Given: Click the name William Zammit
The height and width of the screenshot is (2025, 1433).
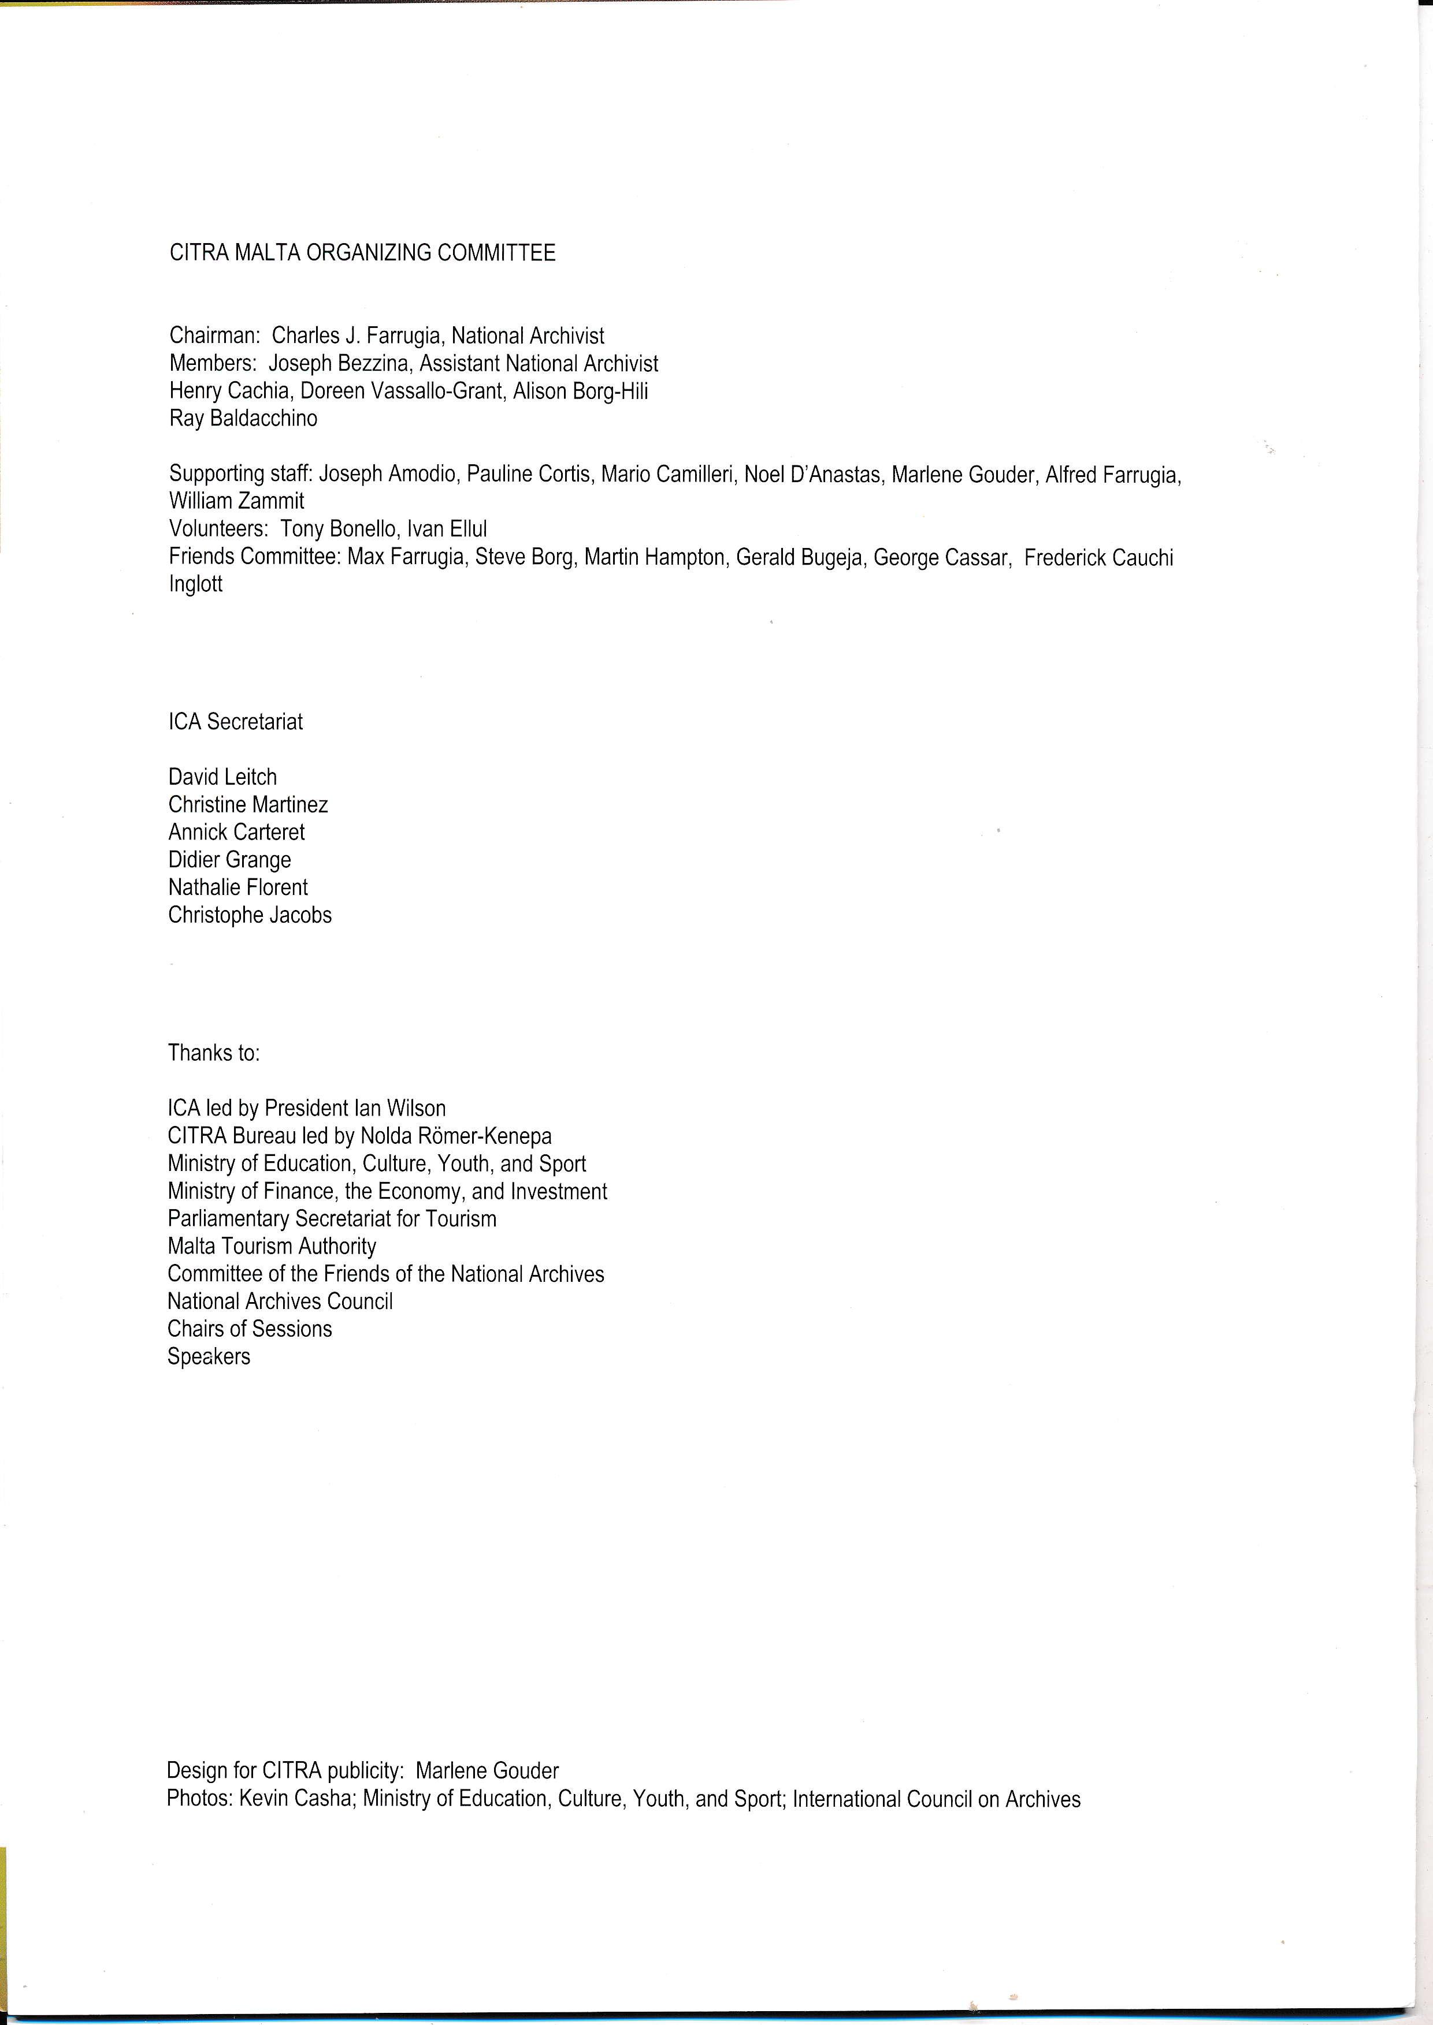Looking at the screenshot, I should coord(236,501).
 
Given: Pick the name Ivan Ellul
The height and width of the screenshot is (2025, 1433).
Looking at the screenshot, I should coord(447,529).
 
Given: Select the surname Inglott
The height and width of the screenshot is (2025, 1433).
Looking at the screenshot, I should coord(196,584).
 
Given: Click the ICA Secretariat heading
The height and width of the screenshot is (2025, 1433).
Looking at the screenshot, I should coord(236,721).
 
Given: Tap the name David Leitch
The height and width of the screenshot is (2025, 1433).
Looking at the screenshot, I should coord(222,777).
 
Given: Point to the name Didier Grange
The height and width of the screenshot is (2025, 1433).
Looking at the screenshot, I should coord(229,860).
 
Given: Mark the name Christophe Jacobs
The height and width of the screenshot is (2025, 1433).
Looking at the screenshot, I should coord(250,915).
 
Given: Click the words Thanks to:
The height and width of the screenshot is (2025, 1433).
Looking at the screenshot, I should coord(214,1053).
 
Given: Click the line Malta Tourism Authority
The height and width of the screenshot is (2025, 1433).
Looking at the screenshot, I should coord(272,1246).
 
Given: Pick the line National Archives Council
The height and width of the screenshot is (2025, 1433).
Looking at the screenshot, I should coord(280,1301).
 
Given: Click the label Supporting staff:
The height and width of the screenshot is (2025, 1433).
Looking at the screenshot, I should coord(241,475).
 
